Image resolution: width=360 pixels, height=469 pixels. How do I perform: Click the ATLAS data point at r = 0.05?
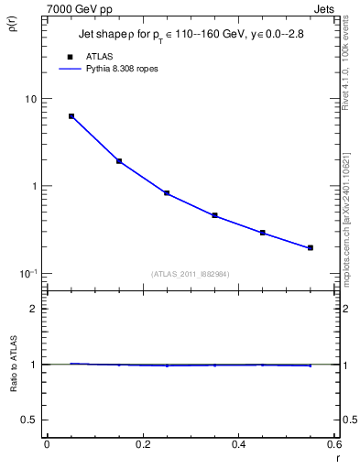tap(71, 116)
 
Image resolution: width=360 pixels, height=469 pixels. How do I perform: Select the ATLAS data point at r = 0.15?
tap(119, 161)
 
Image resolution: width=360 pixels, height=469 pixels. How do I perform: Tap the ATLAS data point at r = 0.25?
tap(167, 193)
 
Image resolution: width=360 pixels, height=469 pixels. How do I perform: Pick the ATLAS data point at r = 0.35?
tap(214, 215)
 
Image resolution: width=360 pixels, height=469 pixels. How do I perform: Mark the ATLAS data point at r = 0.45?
tap(263, 233)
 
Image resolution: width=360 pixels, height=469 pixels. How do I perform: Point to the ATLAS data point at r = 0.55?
tap(311, 247)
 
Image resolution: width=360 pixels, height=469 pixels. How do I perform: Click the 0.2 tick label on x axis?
tap(142, 444)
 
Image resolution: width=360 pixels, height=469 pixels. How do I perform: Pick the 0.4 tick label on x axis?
tap(238, 444)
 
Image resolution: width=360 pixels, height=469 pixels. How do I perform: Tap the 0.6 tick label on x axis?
tap(333, 444)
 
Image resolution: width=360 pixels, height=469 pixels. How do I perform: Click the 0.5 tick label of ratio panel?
tap(32, 420)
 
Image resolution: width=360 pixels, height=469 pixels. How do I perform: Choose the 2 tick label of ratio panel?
tap(37, 309)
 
